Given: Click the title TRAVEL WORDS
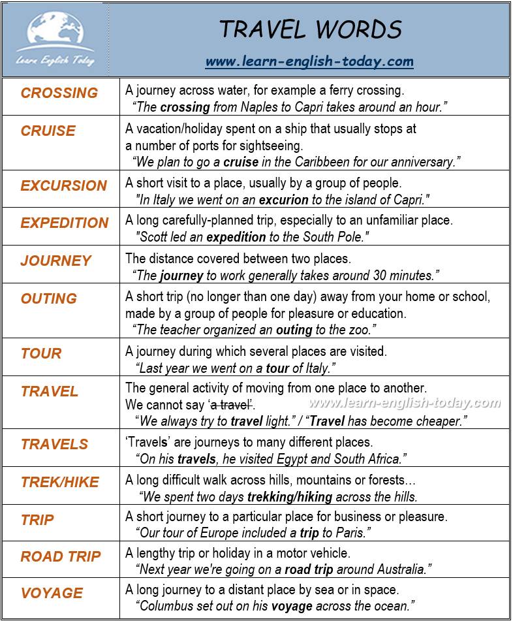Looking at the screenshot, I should pos(309,29).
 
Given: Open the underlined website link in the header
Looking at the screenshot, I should pos(309,62).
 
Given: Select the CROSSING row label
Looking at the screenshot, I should pos(59,93).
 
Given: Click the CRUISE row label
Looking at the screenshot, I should pos(48,131).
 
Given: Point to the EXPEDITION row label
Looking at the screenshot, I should pos(65,223).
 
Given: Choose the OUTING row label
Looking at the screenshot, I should pos(49,298).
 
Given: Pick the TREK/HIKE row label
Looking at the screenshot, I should pos(60,482).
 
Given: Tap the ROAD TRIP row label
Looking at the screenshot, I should pos(61,556).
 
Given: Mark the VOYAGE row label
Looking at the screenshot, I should pos(52,593).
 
